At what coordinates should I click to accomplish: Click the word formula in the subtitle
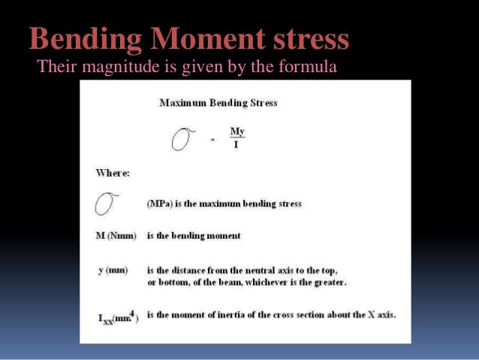coord(307,68)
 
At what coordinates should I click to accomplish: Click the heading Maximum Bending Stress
coord(218,102)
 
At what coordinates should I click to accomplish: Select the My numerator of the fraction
coord(237,132)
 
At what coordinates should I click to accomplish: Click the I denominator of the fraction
coord(236,144)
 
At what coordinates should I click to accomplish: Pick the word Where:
coord(113,172)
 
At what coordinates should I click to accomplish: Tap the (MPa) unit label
coord(158,204)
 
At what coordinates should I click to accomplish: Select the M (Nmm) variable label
coord(116,236)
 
